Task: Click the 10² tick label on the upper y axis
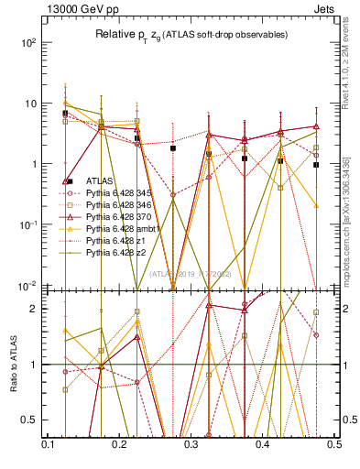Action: point(29,43)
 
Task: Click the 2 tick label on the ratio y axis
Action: point(35,309)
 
